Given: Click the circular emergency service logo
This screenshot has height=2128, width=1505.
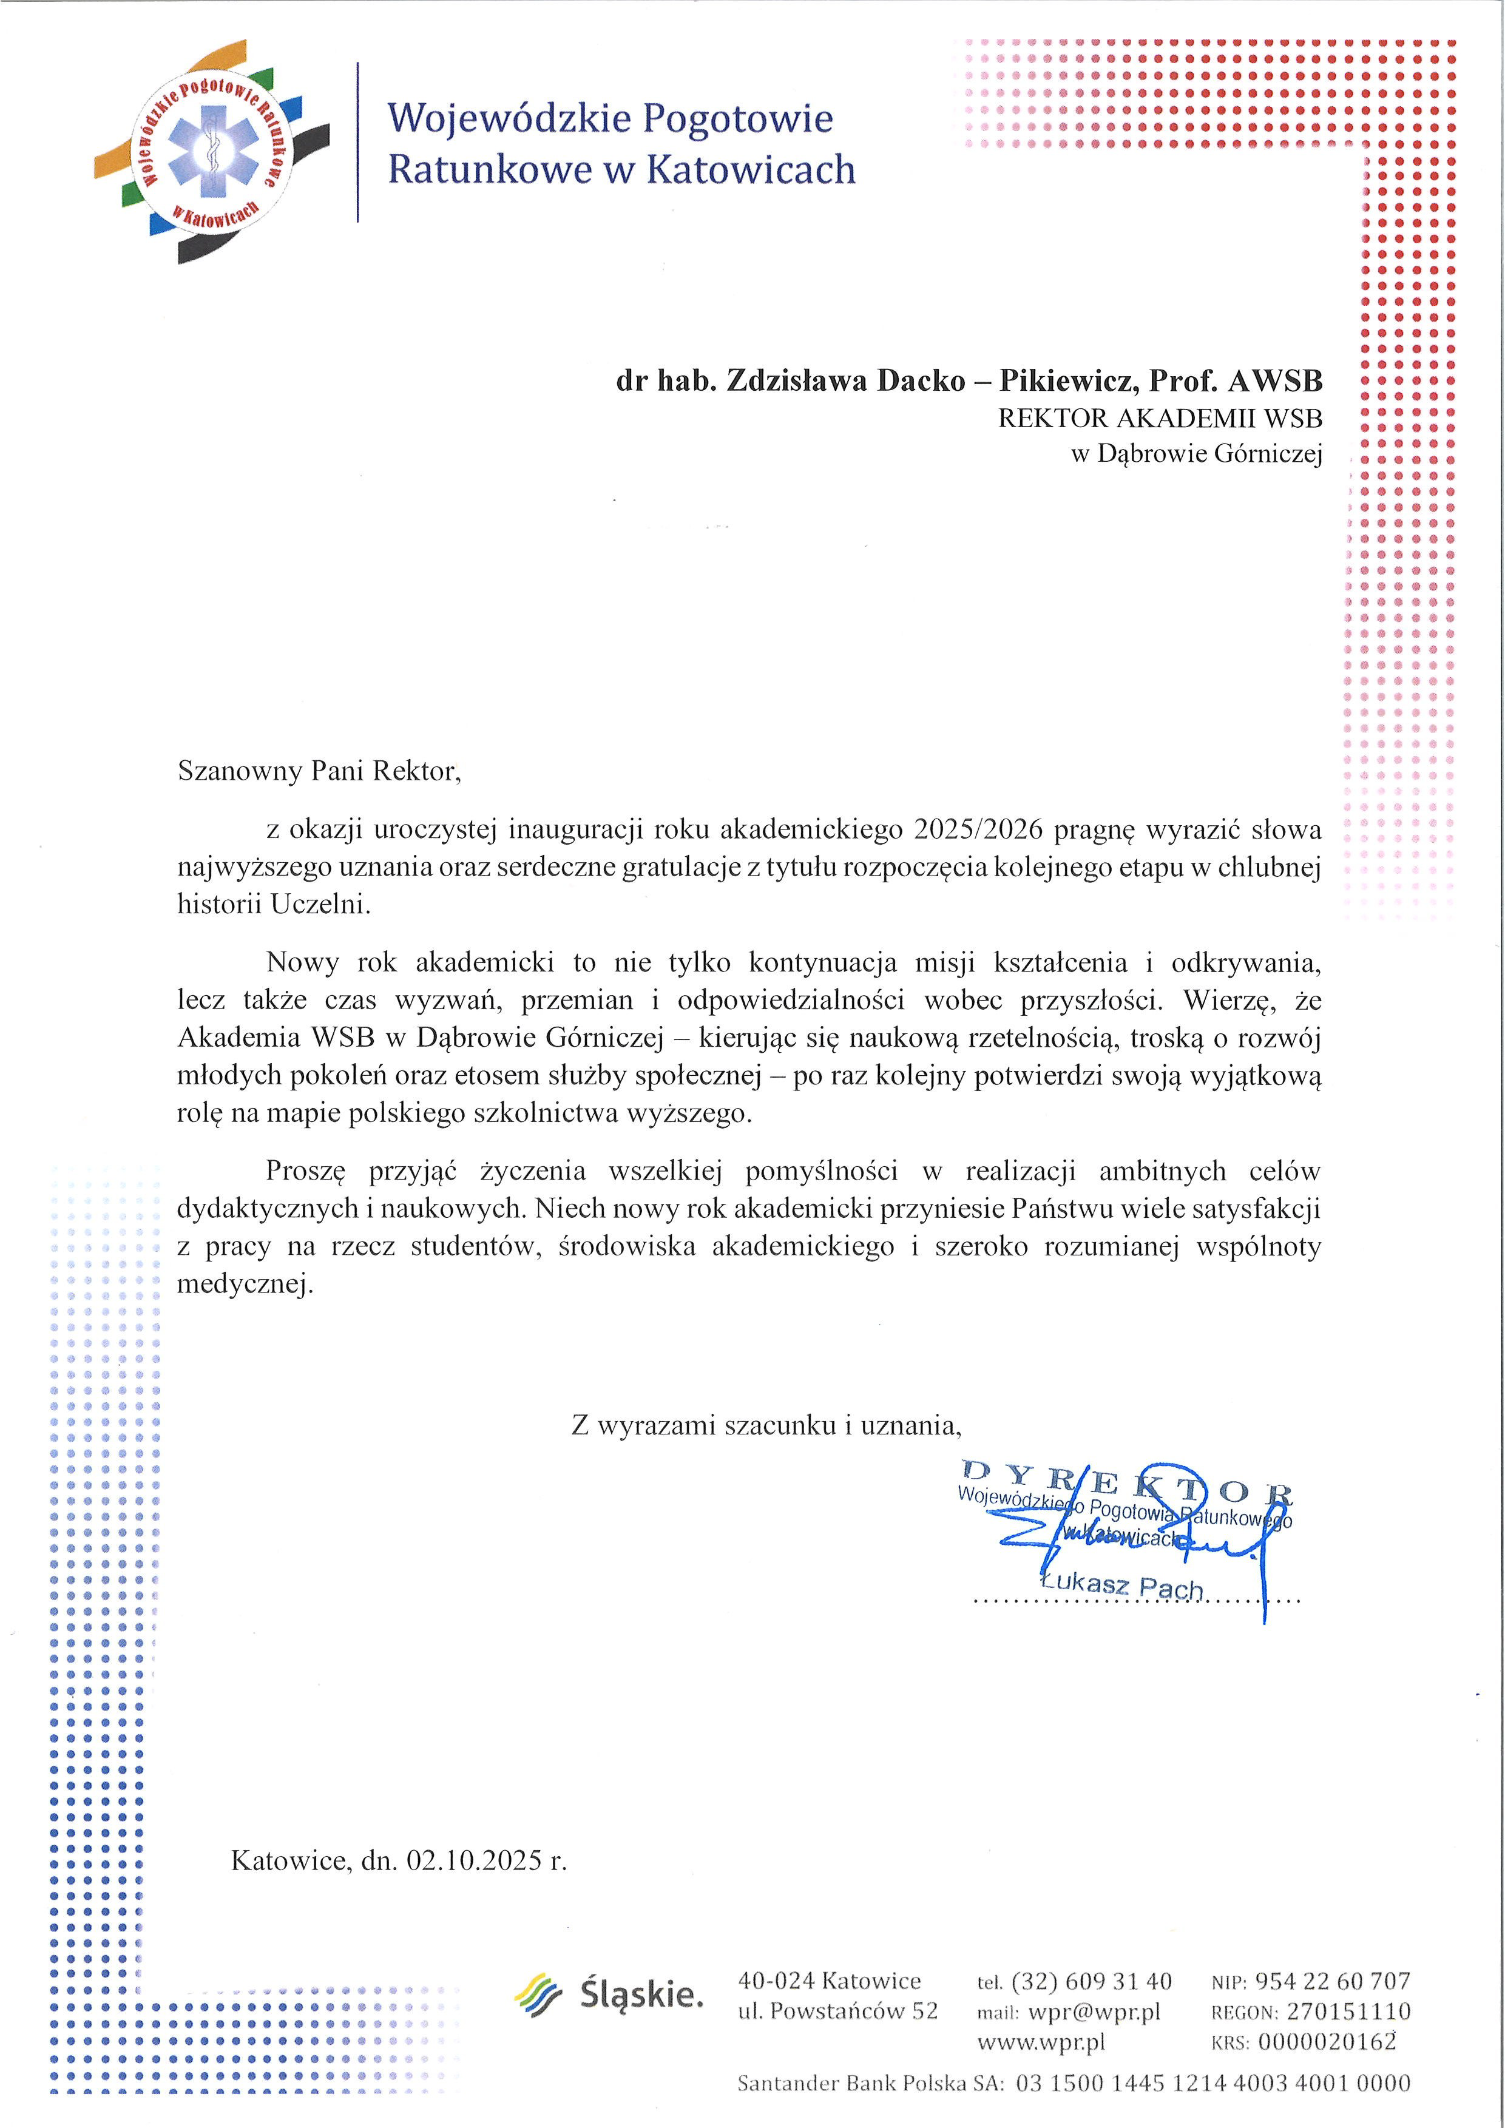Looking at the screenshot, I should tap(212, 152).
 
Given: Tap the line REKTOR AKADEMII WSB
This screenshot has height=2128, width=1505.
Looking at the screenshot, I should tap(1159, 418).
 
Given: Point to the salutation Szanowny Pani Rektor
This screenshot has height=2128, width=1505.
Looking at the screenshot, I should tap(319, 771).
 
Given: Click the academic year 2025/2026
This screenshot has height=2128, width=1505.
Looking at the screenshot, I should tap(978, 829).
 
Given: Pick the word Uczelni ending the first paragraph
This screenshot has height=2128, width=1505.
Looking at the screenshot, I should tap(320, 905).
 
